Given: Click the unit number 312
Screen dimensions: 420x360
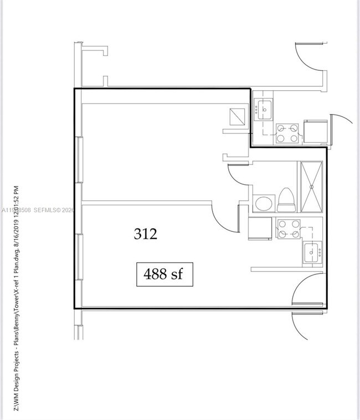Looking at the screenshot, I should (x=146, y=234).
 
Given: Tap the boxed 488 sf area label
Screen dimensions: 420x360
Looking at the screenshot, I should (x=164, y=274).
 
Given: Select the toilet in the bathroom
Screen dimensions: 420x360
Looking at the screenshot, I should (x=286, y=200).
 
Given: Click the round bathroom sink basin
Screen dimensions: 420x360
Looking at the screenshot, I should (x=263, y=203).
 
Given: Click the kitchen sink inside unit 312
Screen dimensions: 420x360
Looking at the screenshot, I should (x=312, y=253).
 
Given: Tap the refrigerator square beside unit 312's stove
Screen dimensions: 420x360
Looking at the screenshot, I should (x=260, y=227).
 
